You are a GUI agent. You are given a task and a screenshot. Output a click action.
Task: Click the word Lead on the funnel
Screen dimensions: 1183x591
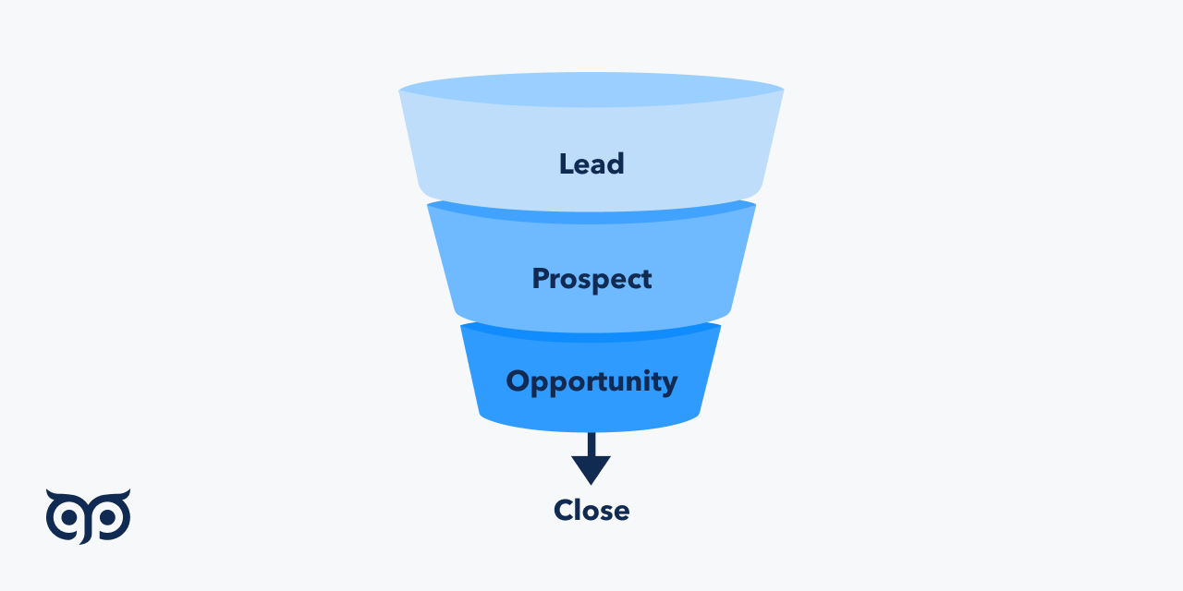[591, 163]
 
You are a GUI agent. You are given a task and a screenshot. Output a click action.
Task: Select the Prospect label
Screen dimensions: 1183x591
[591, 279]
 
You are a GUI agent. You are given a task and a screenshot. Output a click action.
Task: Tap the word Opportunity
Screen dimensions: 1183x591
[591, 381]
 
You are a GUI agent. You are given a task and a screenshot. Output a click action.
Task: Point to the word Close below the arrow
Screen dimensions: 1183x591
[591, 510]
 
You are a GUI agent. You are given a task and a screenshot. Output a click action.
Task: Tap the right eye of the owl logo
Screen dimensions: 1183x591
[108, 519]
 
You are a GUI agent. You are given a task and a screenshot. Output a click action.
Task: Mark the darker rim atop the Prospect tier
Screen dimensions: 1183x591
[591, 213]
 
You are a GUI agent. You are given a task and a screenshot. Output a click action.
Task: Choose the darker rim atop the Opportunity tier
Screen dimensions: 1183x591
[591, 332]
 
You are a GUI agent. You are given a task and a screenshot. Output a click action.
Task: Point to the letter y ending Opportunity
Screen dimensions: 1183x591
[669, 384]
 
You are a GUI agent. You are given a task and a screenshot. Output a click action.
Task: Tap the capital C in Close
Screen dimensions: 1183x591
[564, 510]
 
